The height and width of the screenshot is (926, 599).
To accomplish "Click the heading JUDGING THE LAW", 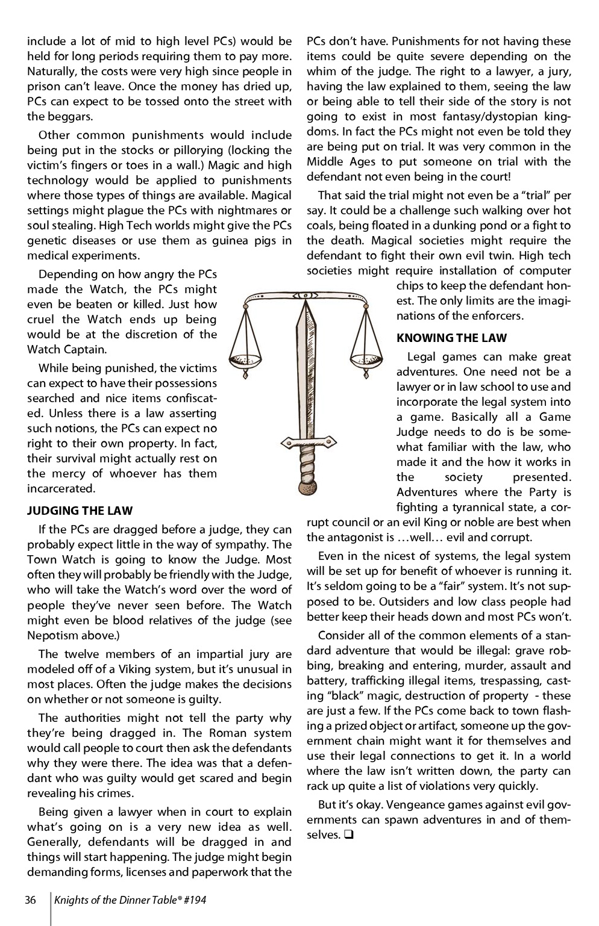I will coord(80,511).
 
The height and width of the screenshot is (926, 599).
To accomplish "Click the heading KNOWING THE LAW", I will coord(451,338).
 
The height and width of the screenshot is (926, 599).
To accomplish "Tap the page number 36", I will coord(31,900).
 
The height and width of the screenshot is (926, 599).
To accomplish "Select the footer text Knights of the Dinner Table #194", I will coord(130,900).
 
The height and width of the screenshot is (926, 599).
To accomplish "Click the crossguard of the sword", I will coord(307,443).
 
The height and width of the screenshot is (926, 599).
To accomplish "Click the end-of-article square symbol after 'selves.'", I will coord(348,835).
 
